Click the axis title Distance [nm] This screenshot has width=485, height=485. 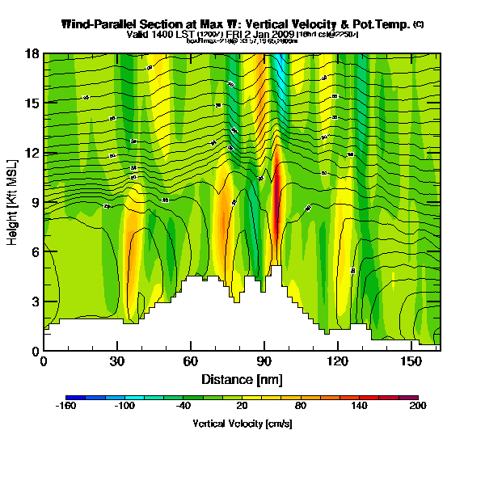(x=242, y=378)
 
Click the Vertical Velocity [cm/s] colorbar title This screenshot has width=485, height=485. (x=242, y=424)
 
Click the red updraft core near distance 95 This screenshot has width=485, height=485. (x=277, y=202)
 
